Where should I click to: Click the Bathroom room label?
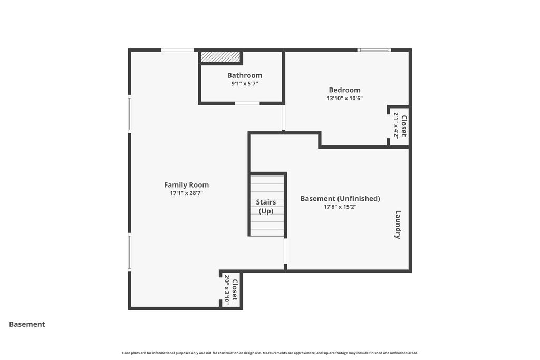[x=245, y=75]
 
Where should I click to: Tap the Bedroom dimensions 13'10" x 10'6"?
[x=344, y=98]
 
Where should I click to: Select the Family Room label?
[x=186, y=185]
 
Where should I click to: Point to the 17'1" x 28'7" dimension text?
[x=186, y=193]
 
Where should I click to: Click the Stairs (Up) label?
[x=266, y=207]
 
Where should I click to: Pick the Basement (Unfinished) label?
[x=340, y=199]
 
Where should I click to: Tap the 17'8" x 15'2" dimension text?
[x=340, y=207]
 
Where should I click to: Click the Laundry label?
[x=398, y=225]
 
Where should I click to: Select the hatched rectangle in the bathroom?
[x=220, y=57]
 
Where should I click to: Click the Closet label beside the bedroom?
[x=403, y=126]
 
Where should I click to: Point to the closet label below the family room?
[x=235, y=290]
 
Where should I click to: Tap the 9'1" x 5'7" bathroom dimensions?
[x=245, y=84]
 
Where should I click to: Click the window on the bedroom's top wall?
[x=374, y=50]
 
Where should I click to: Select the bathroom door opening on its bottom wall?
[x=247, y=103]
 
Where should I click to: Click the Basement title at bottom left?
[x=27, y=324]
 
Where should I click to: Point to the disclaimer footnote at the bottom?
[x=270, y=353]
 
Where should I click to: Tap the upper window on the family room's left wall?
[x=130, y=114]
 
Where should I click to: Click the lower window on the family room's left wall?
[x=130, y=252]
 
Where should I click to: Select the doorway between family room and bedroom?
[x=283, y=118]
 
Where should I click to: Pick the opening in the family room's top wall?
[x=178, y=50]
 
